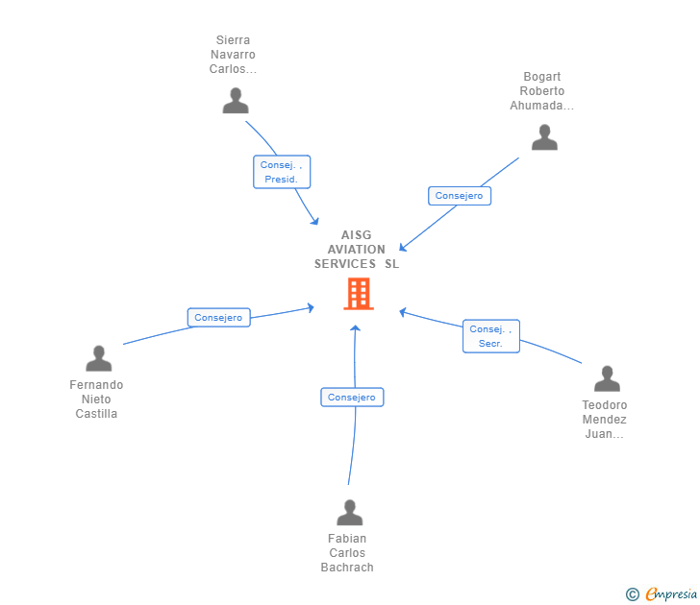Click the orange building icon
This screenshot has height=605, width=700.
click(x=359, y=294)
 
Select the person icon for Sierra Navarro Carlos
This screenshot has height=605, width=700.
click(x=236, y=101)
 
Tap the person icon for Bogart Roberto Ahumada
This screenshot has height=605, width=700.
click(x=544, y=137)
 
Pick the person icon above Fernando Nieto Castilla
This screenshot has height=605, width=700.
click(x=99, y=358)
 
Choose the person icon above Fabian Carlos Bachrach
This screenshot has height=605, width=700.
click(x=350, y=513)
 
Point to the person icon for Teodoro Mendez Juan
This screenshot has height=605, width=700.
click(x=607, y=378)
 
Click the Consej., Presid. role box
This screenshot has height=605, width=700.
click(x=282, y=172)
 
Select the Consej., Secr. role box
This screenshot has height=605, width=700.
click(x=490, y=336)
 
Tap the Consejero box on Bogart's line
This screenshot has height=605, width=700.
click(x=459, y=196)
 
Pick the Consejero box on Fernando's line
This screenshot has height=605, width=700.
click(x=218, y=318)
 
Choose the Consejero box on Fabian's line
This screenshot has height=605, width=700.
click(x=352, y=398)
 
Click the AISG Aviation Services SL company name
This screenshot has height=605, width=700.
click(x=357, y=250)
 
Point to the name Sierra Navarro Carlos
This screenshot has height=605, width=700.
click(x=234, y=55)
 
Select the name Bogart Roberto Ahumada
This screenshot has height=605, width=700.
click(x=542, y=91)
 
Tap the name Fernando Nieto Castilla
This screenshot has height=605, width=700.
click(x=97, y=399)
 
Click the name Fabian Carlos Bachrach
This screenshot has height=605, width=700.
click(x=347, y=553)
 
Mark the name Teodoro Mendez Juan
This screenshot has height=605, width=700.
click(x=605, y=420)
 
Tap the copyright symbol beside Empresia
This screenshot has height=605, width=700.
click(x=632, y=595)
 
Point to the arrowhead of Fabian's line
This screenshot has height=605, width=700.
click(x=356, y=329)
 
